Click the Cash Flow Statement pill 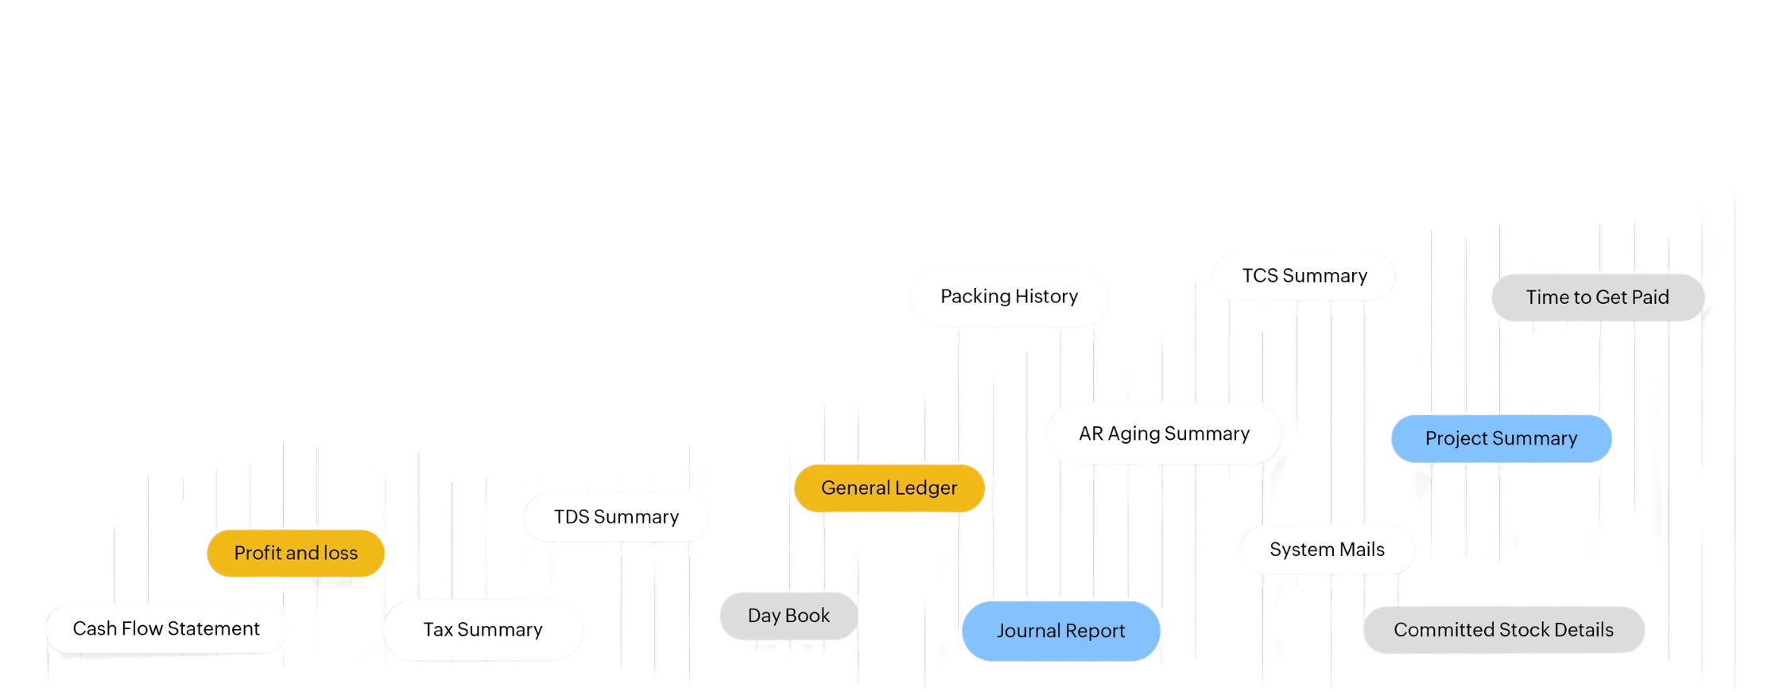click(x=165, y=628)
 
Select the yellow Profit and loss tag click(x=296, y=553)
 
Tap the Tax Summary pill click(x=483, y=629)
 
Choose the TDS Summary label click(x=616, y=517)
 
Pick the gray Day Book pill click(x=789, y=616)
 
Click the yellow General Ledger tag click(x=889, y=488)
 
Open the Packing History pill click(x=1009, y=296)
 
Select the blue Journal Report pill click(x=1060, y=631)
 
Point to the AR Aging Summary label click(x=1164, y=433)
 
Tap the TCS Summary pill click(x=1304, y=275)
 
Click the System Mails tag click(x=1327, y=549)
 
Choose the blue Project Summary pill click(x=1501, y=438)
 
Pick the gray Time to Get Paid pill click(x=1597, y=297)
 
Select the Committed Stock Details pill click(x=1503, y=630)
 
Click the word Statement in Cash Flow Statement click(x=214, y=628)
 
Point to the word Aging click(x=1134, y=434)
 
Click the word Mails click(x=1362, y=549)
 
